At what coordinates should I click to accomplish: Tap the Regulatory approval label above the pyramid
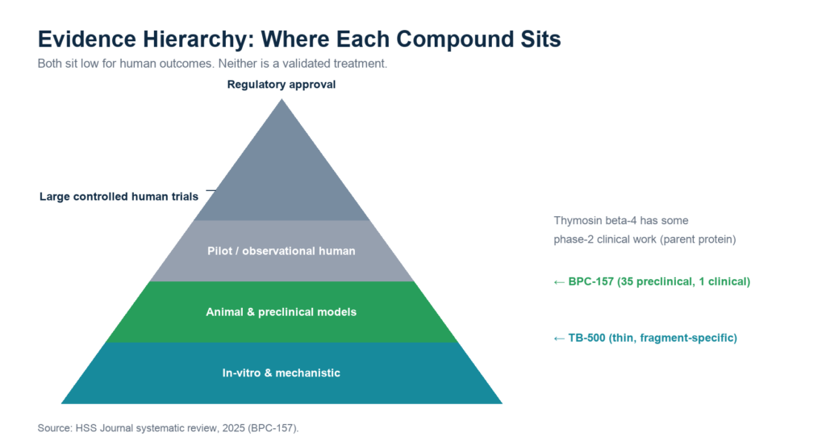282,85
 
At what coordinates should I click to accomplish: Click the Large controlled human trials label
119,197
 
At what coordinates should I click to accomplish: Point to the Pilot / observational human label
282,251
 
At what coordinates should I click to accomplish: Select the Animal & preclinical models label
282,312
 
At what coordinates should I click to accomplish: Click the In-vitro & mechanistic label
282,373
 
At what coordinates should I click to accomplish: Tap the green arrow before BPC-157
559,283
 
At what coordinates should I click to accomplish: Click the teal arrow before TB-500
559,339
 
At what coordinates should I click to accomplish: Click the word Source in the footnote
54,428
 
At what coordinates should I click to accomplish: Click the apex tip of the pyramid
282,99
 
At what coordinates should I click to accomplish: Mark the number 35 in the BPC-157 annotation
629,281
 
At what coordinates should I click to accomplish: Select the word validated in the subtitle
306,64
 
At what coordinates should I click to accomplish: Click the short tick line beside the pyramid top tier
211,190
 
